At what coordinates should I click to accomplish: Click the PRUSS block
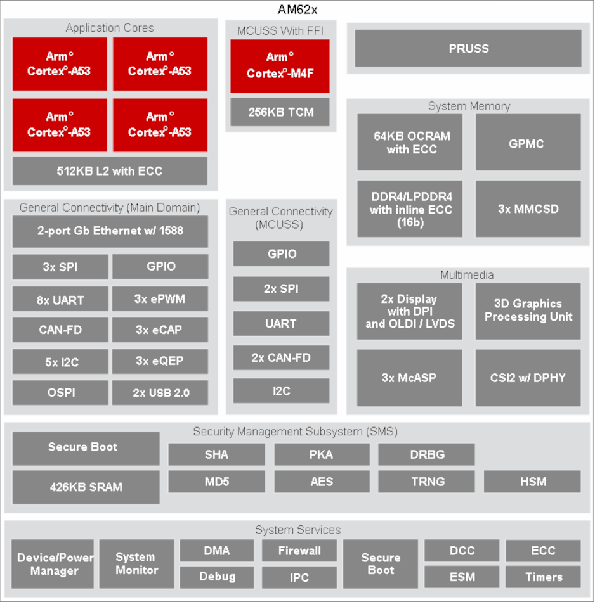(468, 48)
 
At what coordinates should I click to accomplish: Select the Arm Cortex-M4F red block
(280, 65)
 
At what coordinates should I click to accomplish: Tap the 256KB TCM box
(280, 112)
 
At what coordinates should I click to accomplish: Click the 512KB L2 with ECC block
(110, 171)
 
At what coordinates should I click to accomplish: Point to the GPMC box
(527, 143)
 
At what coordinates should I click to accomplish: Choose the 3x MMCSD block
(527, 208)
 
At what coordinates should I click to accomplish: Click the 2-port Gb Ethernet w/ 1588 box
(110, 231)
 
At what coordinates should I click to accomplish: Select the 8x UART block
(60, 300)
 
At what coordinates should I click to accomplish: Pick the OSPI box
(60, 392)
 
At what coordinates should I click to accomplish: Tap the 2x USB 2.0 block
(160, 392)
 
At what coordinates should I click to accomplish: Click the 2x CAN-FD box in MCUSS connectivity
(281, 357)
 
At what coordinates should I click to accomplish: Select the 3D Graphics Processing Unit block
(528, 311)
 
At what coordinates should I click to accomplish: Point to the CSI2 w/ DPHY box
(528, 378)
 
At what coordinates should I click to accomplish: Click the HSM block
(532, 482)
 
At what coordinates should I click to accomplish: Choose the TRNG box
(427, 482)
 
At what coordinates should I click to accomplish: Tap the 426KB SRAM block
(86, 487)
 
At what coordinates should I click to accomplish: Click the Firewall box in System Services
(299, 551)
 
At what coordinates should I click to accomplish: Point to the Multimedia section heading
(467, 275)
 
